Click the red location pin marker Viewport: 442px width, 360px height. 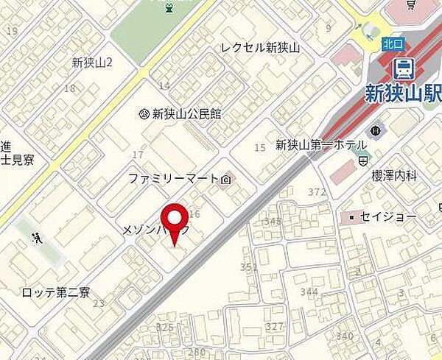pos(174,222)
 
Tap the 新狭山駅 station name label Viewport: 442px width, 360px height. pos(403,93)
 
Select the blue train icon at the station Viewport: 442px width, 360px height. pos(402,69)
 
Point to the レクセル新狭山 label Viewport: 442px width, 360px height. pos(262,47)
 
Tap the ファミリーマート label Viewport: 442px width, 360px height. pos(173,178)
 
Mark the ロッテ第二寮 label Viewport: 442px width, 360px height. pos(55,292)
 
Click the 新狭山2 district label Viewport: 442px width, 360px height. pos(92,62)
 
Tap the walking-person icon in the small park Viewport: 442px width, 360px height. pos(37,238)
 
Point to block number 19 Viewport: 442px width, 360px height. pos(10,30)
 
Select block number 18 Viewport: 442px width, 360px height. pos(70,88)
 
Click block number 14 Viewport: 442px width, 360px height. pos(164,85)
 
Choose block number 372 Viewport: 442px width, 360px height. pos(317,192)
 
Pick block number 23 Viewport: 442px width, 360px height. pos(99,303)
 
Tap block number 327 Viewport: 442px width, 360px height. pos(274,326)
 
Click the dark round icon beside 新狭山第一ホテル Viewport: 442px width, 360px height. pos(376,130)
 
